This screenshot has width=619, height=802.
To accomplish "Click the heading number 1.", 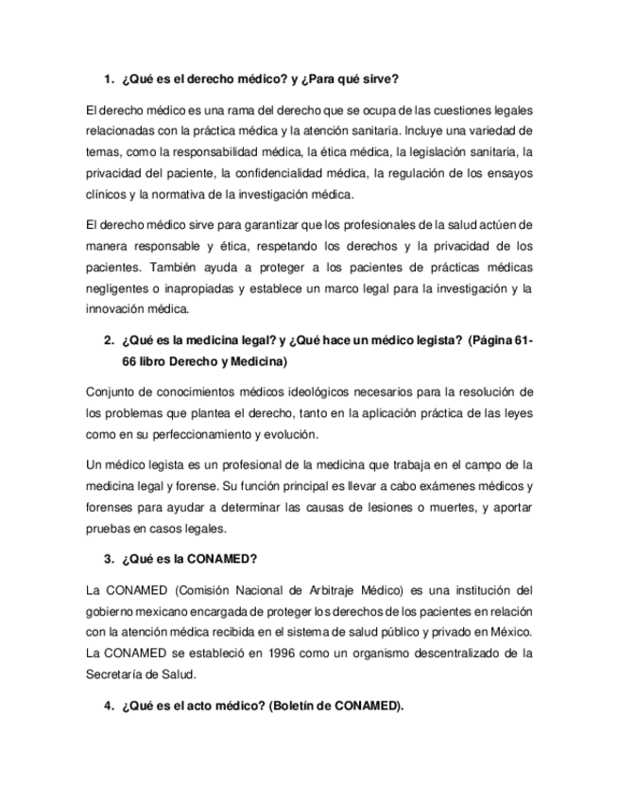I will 108,78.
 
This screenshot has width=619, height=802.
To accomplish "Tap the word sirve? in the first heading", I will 379,78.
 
